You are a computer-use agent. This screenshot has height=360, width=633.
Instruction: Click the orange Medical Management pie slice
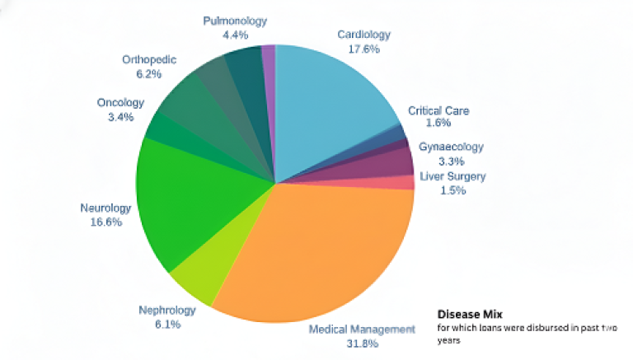321,247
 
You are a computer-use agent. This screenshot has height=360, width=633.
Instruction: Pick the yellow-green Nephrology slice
194,276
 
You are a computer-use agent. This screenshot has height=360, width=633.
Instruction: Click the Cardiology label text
363,35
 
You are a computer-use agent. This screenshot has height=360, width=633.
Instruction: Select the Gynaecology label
451,147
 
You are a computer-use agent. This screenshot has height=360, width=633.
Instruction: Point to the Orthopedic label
148,59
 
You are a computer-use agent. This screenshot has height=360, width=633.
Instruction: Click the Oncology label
120,103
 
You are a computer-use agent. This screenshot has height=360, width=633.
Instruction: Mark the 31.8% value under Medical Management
362,343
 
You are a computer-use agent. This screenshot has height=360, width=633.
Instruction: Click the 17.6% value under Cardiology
363,49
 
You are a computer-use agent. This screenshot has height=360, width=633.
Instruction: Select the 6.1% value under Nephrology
167,324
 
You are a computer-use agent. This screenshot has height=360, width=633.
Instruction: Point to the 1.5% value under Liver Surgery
452,190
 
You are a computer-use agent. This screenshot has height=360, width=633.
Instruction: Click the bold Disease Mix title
469,314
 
